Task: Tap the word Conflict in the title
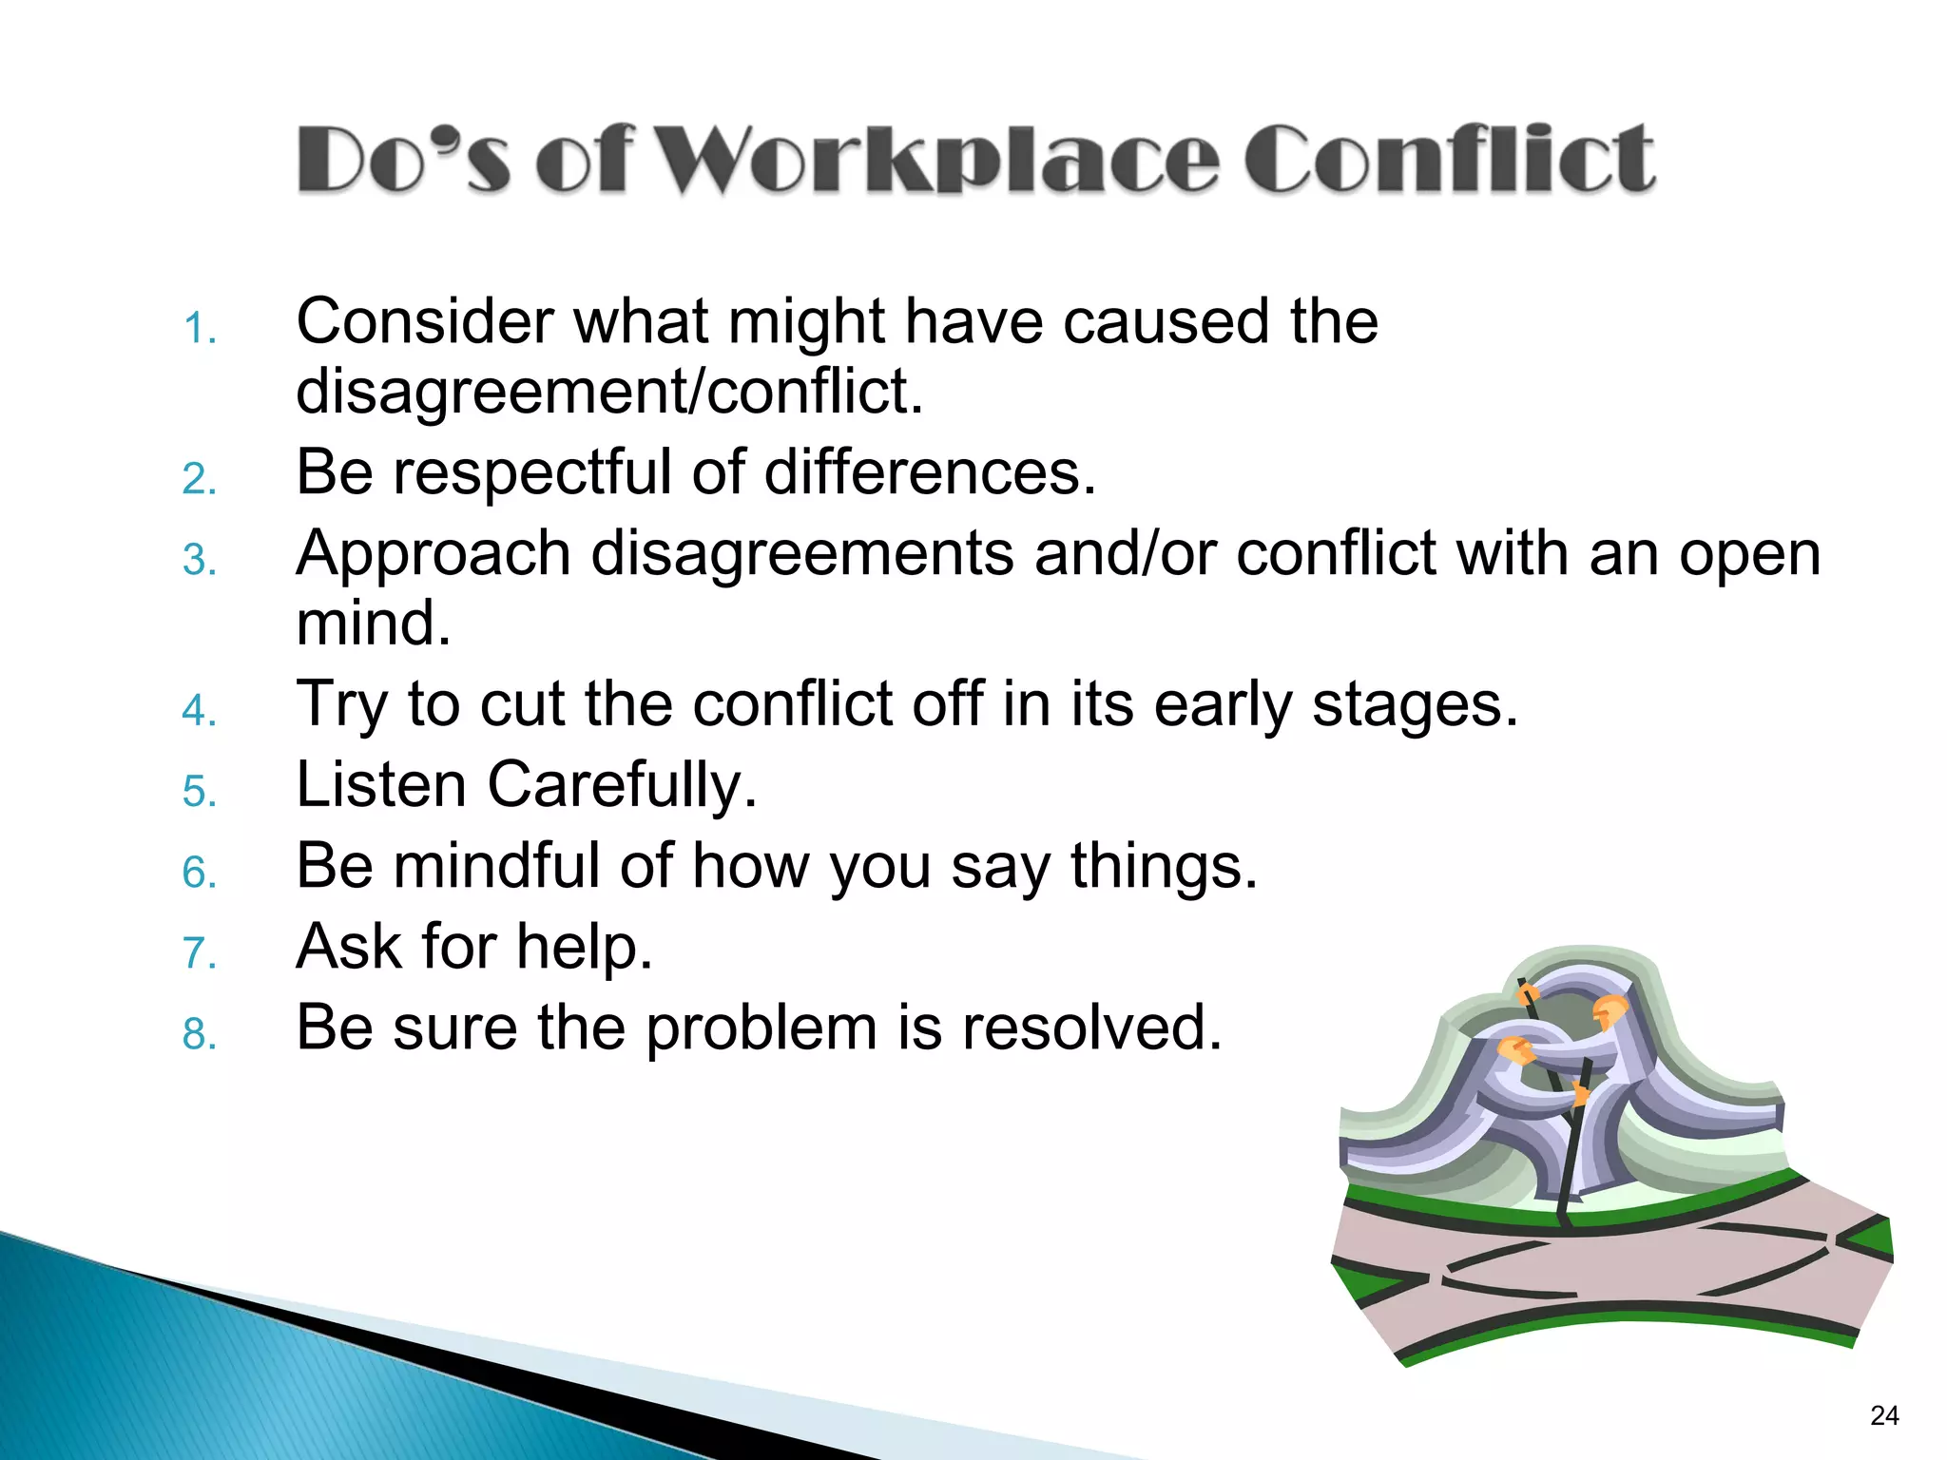[1449, 159]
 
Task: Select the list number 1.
[199, 330]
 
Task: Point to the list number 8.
[199, 1034]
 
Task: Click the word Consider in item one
[424, 321]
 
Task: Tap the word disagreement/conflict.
[608, 392]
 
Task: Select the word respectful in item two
[531, 472]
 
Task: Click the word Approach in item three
[433, 553]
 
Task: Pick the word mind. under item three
[373, 624]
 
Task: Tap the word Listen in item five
[381, 785]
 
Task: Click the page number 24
[1883, 1416]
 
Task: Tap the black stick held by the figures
[1569, 1150]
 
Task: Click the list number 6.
[199, 873]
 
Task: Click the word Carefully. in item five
[622, 785]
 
